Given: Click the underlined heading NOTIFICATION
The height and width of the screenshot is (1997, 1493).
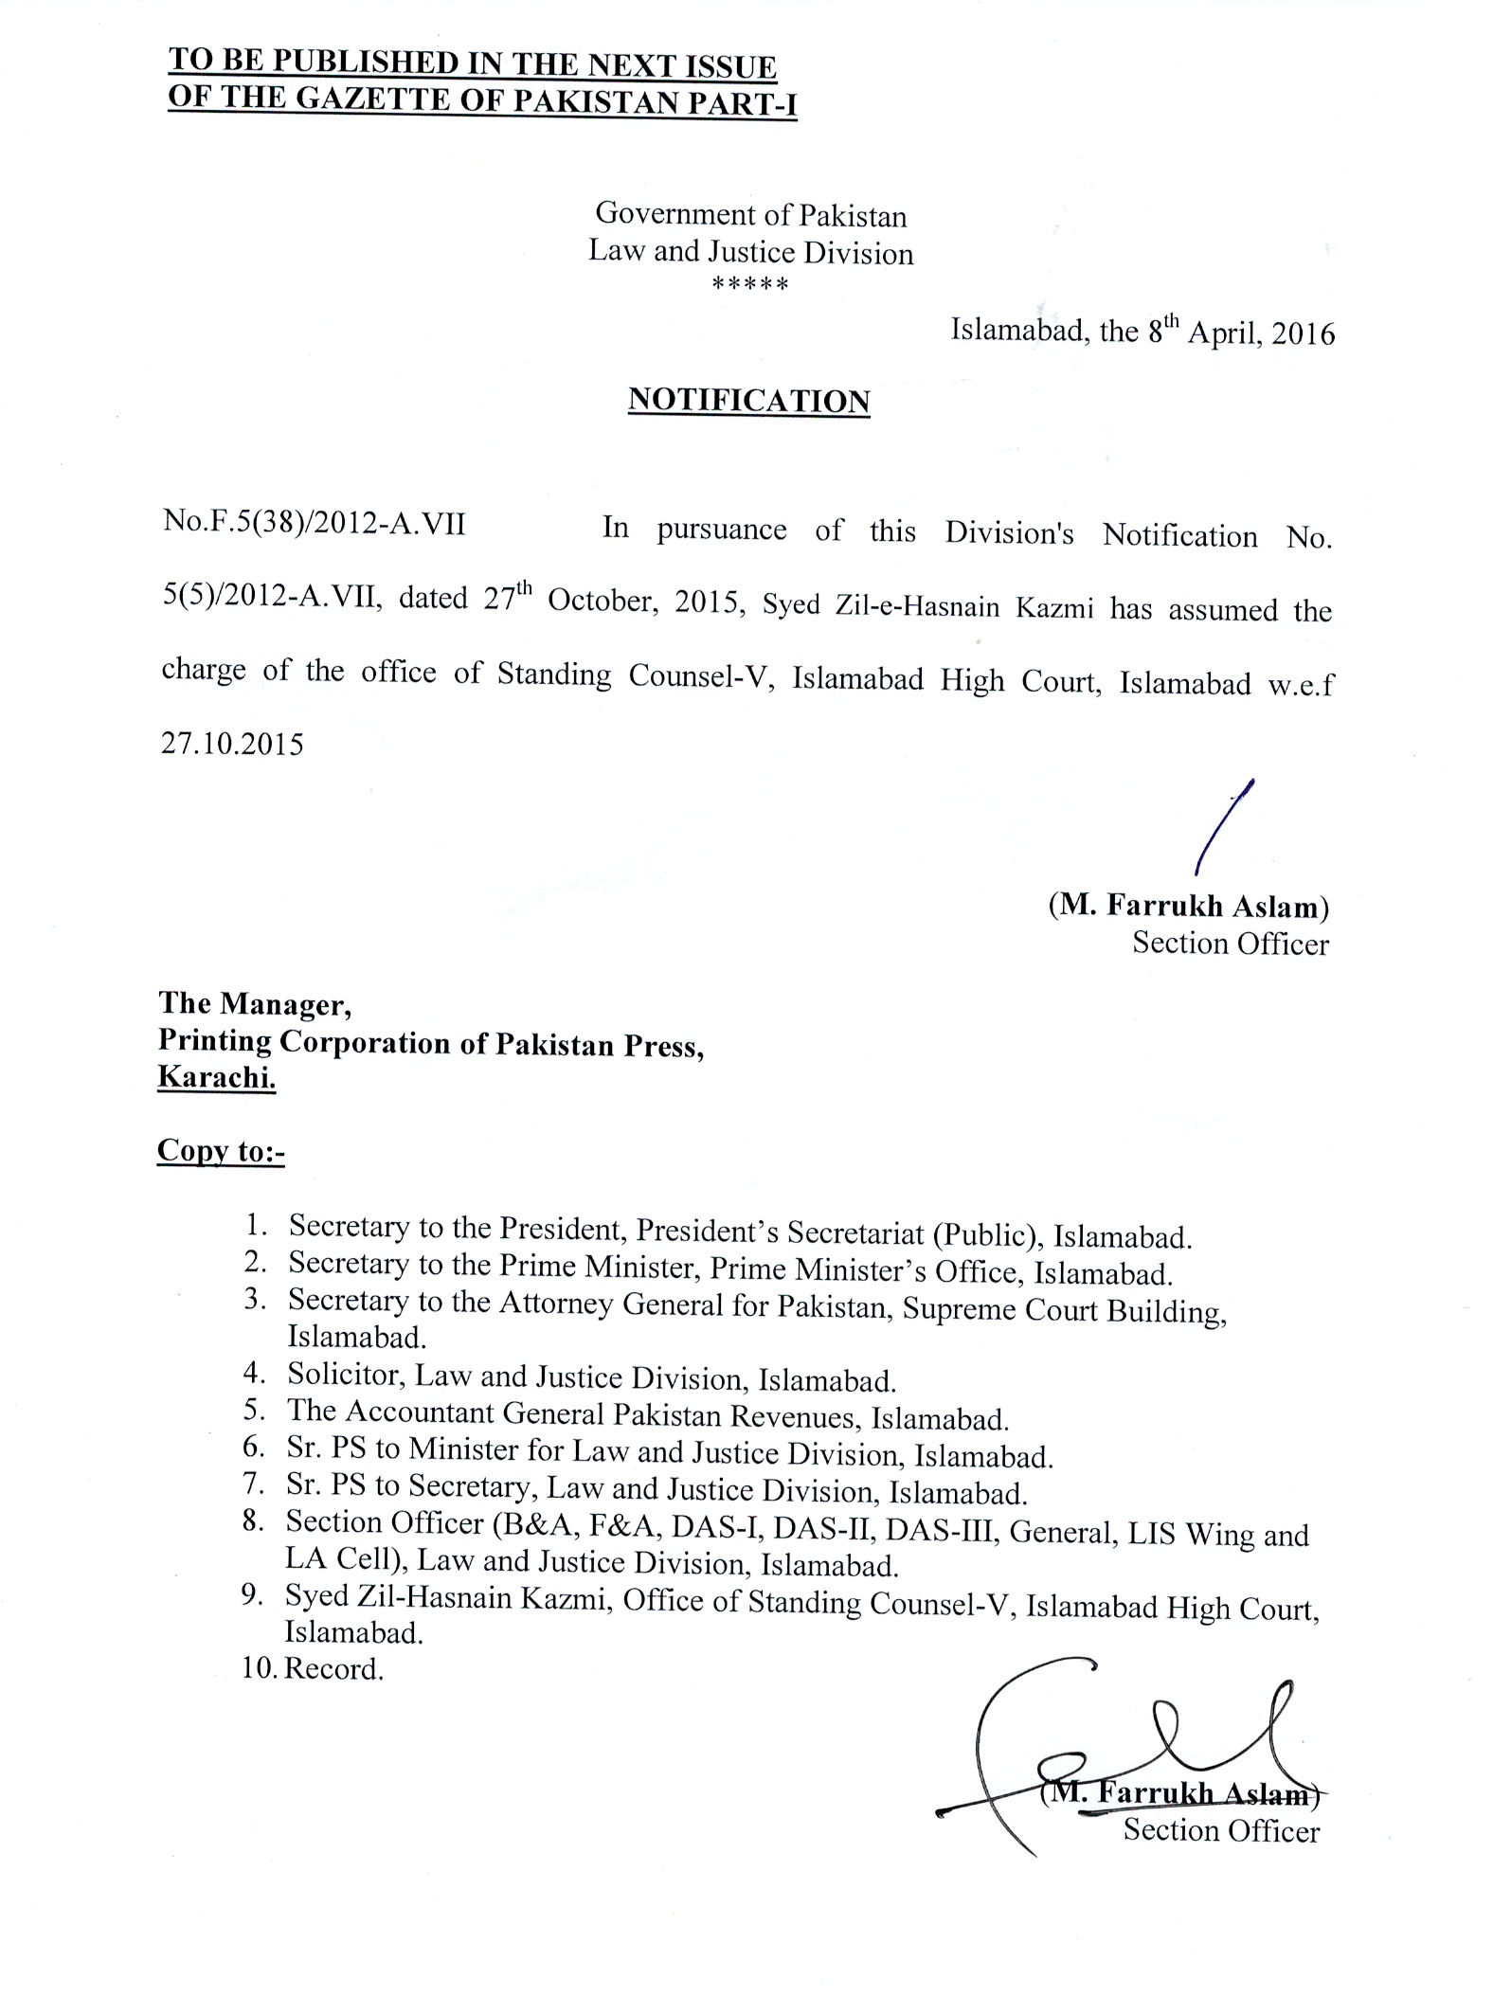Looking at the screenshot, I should [x=748, y=401].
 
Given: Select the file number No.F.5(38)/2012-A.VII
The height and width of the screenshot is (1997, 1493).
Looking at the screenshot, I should [x=314, y=524].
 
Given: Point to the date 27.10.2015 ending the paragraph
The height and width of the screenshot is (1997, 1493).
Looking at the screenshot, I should [x=232, y=744].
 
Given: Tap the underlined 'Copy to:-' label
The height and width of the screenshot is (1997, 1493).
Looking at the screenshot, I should [x=221, y=1150].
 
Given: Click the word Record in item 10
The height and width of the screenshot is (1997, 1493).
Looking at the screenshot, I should [x=333, y=1668].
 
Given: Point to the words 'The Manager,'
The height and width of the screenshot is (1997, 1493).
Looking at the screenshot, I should [x=255, y=1002].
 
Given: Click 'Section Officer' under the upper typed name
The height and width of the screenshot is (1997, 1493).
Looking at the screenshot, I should [x=1230, y=944].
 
